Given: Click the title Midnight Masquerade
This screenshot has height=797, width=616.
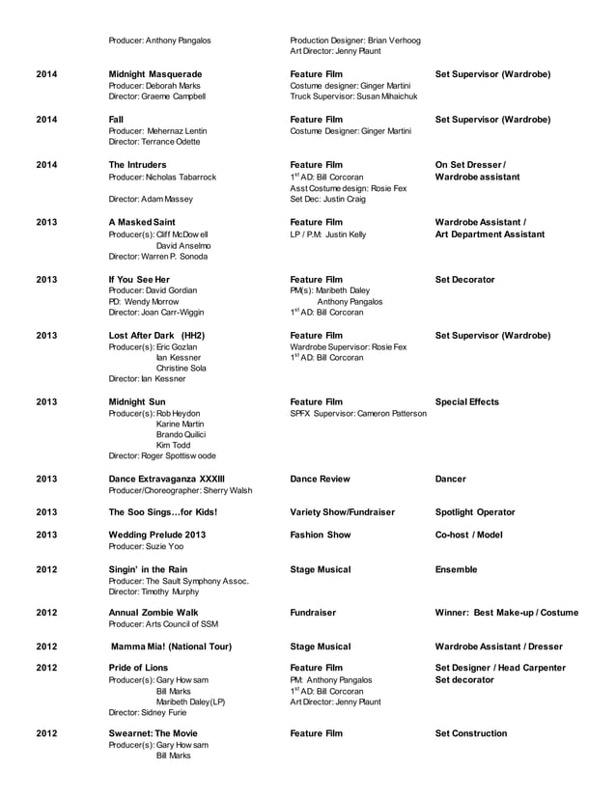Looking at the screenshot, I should click(155, 73).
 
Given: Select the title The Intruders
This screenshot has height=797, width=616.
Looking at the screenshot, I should click(137, 165).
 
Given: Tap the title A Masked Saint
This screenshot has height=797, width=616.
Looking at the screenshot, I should click(142, 222).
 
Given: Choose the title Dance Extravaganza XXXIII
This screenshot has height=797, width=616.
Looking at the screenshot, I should click(167, 479).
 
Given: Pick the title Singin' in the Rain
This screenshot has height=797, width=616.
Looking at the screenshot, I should click(148, 569).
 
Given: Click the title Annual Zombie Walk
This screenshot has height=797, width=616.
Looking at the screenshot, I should click(153, 612).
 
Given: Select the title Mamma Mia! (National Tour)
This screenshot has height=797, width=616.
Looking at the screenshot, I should click(170, 646).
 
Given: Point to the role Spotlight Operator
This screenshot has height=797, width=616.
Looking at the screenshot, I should click(475, 512).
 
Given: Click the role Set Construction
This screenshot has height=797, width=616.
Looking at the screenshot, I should click(471, 733).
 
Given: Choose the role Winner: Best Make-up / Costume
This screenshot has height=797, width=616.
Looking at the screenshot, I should click(507, 612).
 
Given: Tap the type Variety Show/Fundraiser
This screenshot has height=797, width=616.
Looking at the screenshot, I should click(343, 512).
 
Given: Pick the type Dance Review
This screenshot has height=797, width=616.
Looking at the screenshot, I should click(320, 479).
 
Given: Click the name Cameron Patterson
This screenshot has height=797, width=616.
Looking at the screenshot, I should click(391, 414).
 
